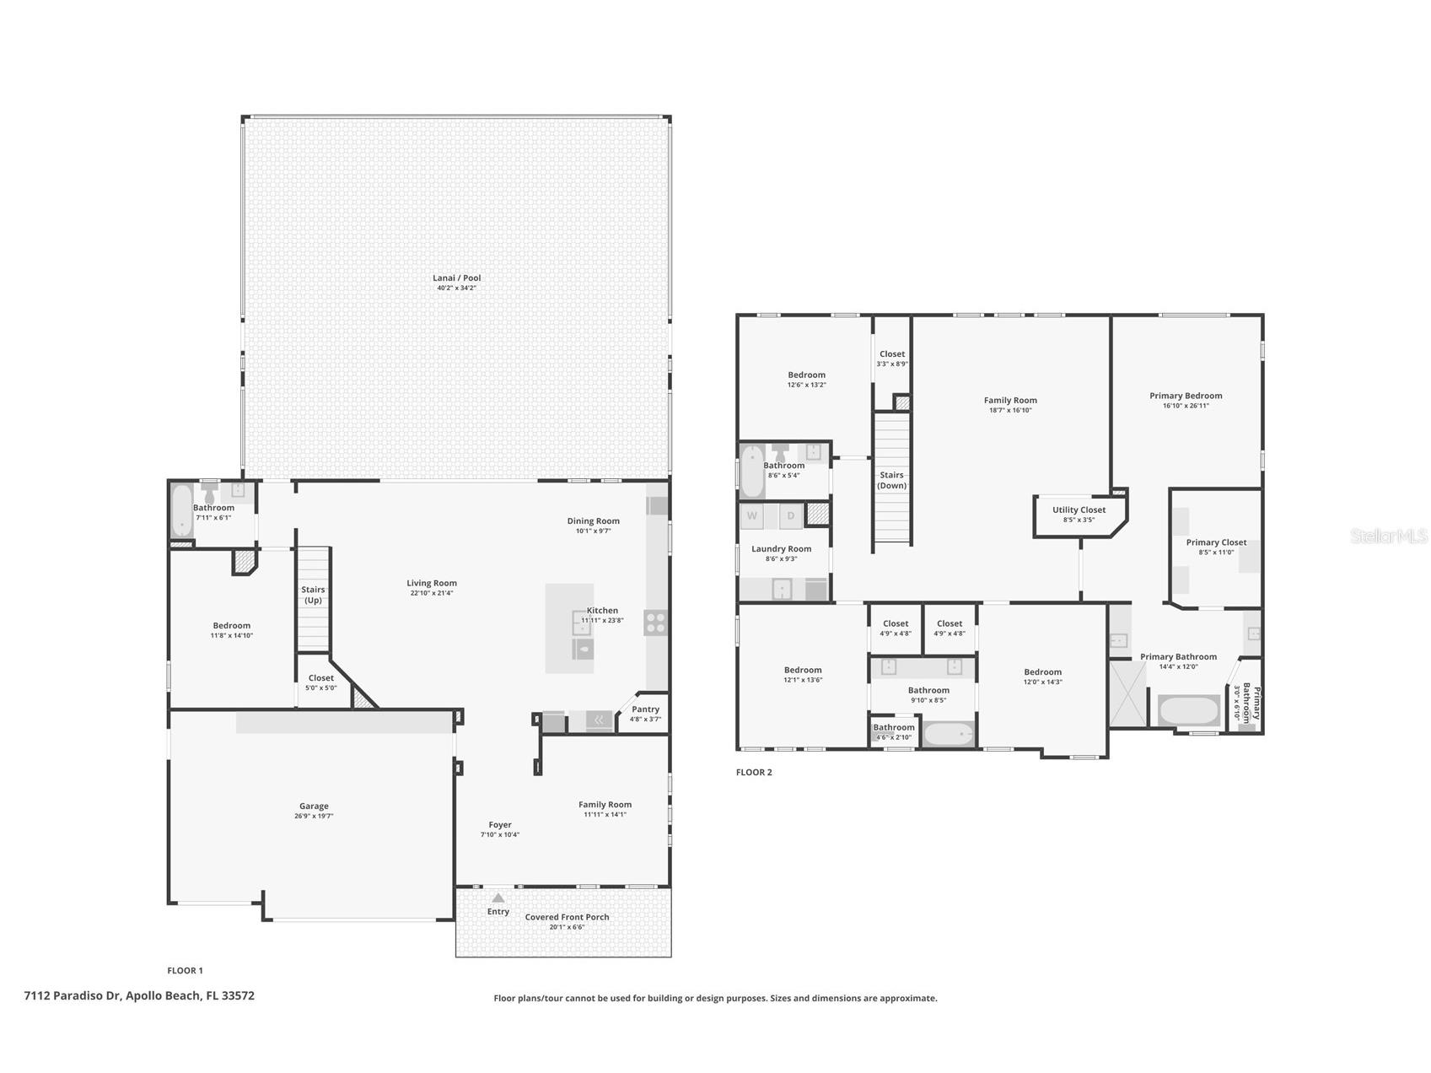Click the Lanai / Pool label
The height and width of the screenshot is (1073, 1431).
[456, 278]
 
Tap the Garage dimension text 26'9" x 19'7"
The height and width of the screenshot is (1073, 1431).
[314, 817]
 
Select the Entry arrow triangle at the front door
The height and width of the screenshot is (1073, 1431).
[498, 898]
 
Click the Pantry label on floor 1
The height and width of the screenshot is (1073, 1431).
[645, 709]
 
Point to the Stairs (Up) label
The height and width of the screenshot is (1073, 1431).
[313, 595]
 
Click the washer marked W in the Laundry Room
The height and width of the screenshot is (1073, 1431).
[751, 515]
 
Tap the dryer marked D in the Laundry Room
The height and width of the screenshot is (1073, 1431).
[791, 515]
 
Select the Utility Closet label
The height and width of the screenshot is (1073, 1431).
[1079, 510]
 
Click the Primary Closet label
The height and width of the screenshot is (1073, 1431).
[1215, 542]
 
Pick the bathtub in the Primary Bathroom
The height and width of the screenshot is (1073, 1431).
[1188, 710]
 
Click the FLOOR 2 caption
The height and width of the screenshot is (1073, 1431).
[753, 772]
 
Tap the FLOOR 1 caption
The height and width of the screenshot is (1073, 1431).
[185, 970]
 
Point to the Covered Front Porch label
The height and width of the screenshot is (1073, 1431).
[567, 917]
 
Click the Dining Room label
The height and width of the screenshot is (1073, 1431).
[593, 521]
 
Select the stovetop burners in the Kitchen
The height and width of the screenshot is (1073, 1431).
[655, 623]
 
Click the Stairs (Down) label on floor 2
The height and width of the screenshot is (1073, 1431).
[891, 480]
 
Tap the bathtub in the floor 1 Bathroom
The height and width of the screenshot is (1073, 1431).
[181, 511]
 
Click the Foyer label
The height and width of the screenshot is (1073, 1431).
[499, 825]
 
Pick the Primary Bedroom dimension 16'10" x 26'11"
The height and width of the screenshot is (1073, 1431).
[1185, 406]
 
